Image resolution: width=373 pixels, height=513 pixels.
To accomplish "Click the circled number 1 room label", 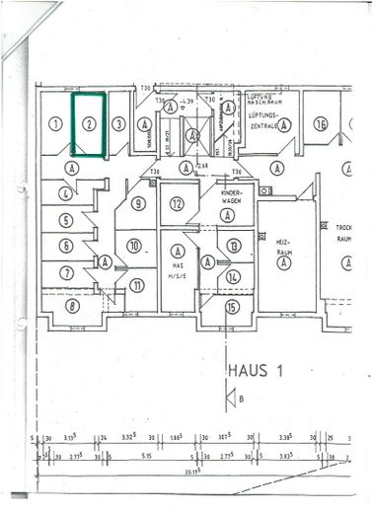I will click(56, 124).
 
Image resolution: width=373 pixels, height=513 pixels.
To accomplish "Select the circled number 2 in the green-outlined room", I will click(89, 124).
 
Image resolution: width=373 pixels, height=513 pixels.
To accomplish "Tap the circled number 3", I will click(118, 124).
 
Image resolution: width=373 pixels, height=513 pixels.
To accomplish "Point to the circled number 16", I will click(321, 124).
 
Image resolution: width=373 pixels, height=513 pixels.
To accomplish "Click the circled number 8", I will click(72, 306).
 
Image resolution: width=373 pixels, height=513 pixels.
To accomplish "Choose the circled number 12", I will click(177, 204).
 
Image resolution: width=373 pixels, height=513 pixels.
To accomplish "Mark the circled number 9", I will click(138, 204).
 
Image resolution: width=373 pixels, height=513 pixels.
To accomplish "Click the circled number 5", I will click(66, 221).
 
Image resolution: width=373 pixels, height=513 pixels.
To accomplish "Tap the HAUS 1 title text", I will click(257, 372).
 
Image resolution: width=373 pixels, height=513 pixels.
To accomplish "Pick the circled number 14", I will click(234, 277).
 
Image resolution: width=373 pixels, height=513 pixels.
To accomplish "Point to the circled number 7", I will click(66, 272).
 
